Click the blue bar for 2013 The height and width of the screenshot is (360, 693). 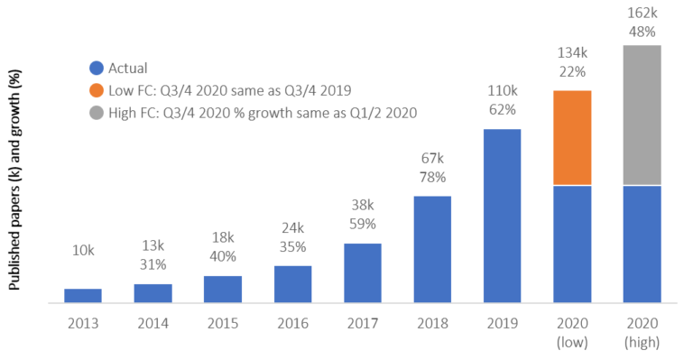click(x=83, y=295)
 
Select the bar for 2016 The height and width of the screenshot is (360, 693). click(x=292, y=284)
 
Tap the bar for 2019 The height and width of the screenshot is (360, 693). click(x=502, y=216)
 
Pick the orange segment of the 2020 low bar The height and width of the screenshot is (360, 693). click(x=572, y=137)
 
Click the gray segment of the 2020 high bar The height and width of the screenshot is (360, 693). click(x=642, y=115)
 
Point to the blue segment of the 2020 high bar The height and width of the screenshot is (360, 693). click(x=642, y=244)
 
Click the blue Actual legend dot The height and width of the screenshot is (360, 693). click(x=96, y=68)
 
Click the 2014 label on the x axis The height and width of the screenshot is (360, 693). click(x=152, y=322)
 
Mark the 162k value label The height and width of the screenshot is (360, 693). click(x=642, y=13)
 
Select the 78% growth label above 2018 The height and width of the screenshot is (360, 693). click(x=432, y=177)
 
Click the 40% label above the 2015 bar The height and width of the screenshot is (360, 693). click(x=223, y=256)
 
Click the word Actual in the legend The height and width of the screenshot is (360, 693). click(x=128, y=68)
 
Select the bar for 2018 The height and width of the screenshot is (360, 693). click(x=432, y=249)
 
